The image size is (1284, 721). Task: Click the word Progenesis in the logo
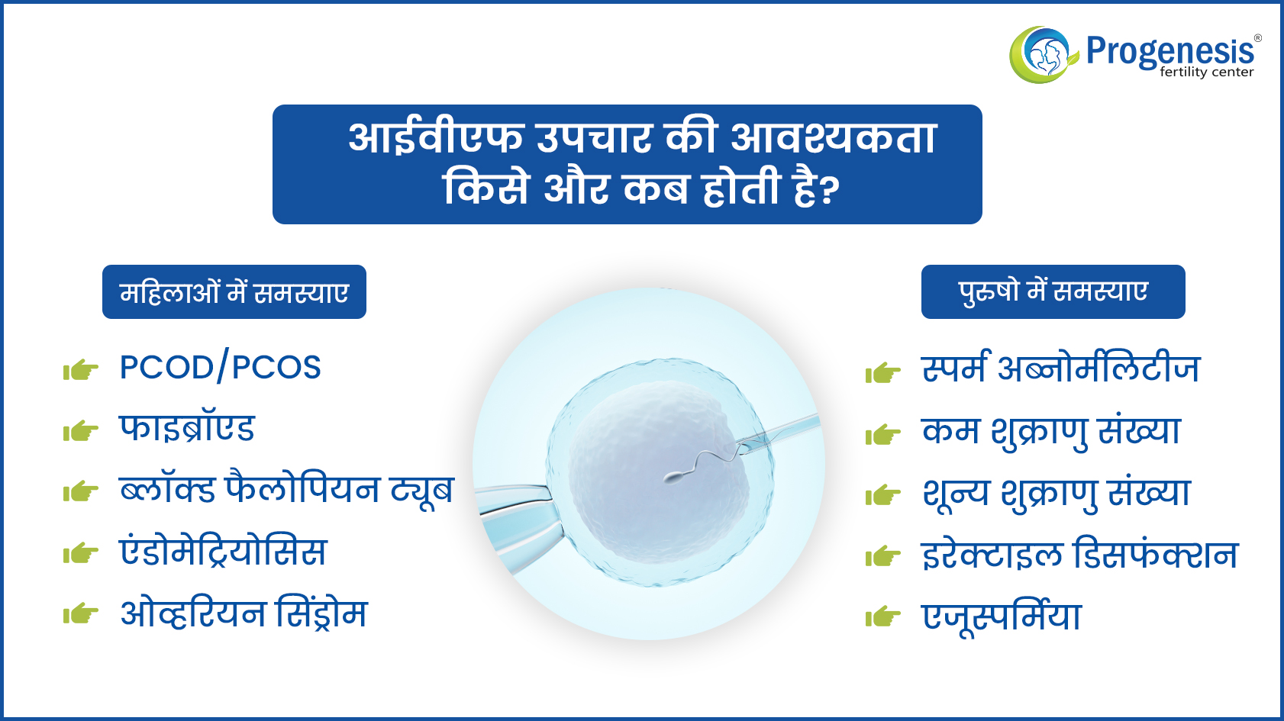1170,50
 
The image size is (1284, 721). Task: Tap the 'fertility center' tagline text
1207,72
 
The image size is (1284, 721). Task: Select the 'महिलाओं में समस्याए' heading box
234,291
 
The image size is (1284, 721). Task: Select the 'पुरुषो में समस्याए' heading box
1053,291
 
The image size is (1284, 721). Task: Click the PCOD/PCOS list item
220,367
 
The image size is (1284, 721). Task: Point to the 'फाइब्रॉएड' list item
187,428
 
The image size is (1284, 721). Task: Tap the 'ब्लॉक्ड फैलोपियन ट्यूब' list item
286,491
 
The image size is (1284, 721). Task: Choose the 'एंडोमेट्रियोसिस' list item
223,551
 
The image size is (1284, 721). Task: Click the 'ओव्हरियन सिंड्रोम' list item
244,613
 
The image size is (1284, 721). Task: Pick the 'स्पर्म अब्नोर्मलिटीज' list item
1061,367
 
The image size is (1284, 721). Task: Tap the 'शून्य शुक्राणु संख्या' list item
1056,494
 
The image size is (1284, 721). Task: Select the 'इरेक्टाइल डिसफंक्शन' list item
1080,554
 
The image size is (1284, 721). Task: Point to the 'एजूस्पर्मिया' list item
1002,616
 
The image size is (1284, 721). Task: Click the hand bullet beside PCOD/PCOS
81,370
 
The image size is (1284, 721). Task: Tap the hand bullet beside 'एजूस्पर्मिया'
883,616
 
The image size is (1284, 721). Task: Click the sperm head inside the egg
673,476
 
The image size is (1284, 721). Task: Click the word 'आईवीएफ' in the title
436,138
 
